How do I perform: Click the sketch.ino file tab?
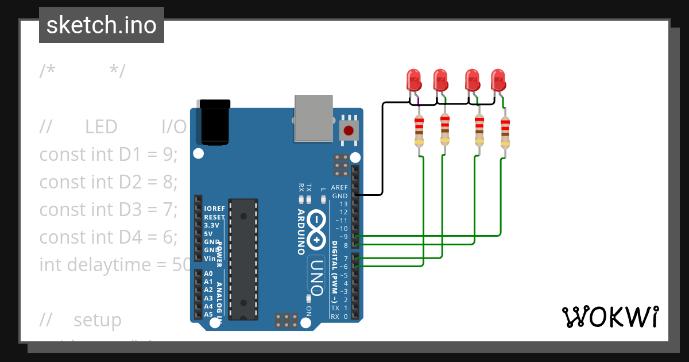(102, 25)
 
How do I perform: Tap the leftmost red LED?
(413, 79)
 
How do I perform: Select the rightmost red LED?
(498, 79)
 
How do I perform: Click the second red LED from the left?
(440, 79)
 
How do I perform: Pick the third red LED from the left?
(472, 79)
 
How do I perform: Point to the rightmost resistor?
(505, 133)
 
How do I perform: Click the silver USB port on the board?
(313, 118)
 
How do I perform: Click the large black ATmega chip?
(243, 259)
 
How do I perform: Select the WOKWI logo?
(610, 317)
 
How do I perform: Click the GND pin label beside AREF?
(340, 196)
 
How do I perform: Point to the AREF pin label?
(339, 188)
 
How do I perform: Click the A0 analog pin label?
(208, 274)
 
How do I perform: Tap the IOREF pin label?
(214, 209)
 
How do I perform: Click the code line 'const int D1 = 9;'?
(109, 154)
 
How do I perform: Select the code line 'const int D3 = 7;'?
(109, 210)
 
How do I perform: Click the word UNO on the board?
(318, 275)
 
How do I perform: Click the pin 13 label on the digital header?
(343, 204)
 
